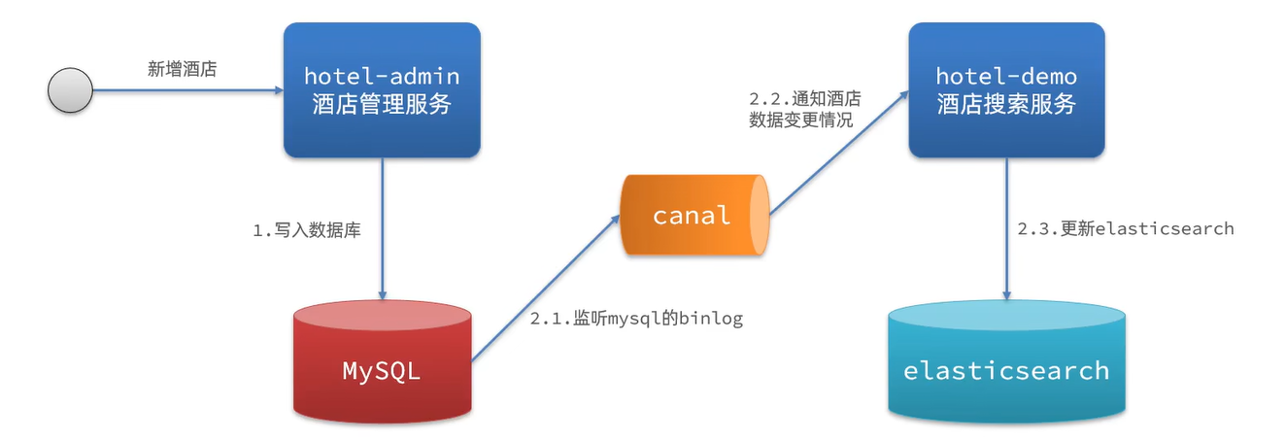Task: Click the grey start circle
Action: (x=70, y=91)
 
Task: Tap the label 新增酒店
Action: (x=182, y=70)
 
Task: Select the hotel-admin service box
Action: (x=382, y=90)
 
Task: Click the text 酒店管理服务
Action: (x=382, y=105)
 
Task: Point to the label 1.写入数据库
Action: (x=307, y=231)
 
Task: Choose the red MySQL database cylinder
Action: (x=382, y=364)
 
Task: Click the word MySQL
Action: (x=382, y=371)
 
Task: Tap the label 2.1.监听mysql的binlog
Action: (x=636, y=319)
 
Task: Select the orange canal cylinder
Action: (x=693, y=215)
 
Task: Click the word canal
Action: (x=692, y=215)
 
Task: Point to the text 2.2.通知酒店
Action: (x=805, y=99)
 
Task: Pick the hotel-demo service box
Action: (x=1006, y=90)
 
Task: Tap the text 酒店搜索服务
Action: (x=1006, y=105)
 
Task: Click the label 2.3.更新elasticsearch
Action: (x=1125, y=228)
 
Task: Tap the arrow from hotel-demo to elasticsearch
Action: (x=1006, y=228)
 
